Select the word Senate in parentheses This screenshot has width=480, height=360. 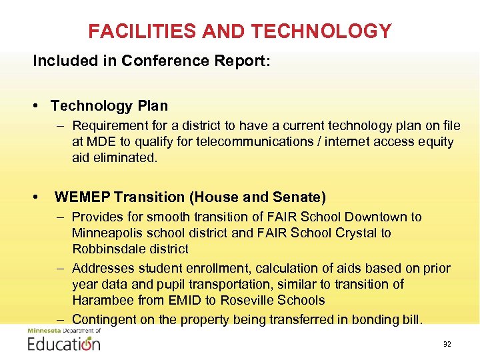coord(299,197)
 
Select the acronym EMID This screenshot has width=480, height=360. coord(179,301)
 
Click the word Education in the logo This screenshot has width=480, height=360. coord(64,344)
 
